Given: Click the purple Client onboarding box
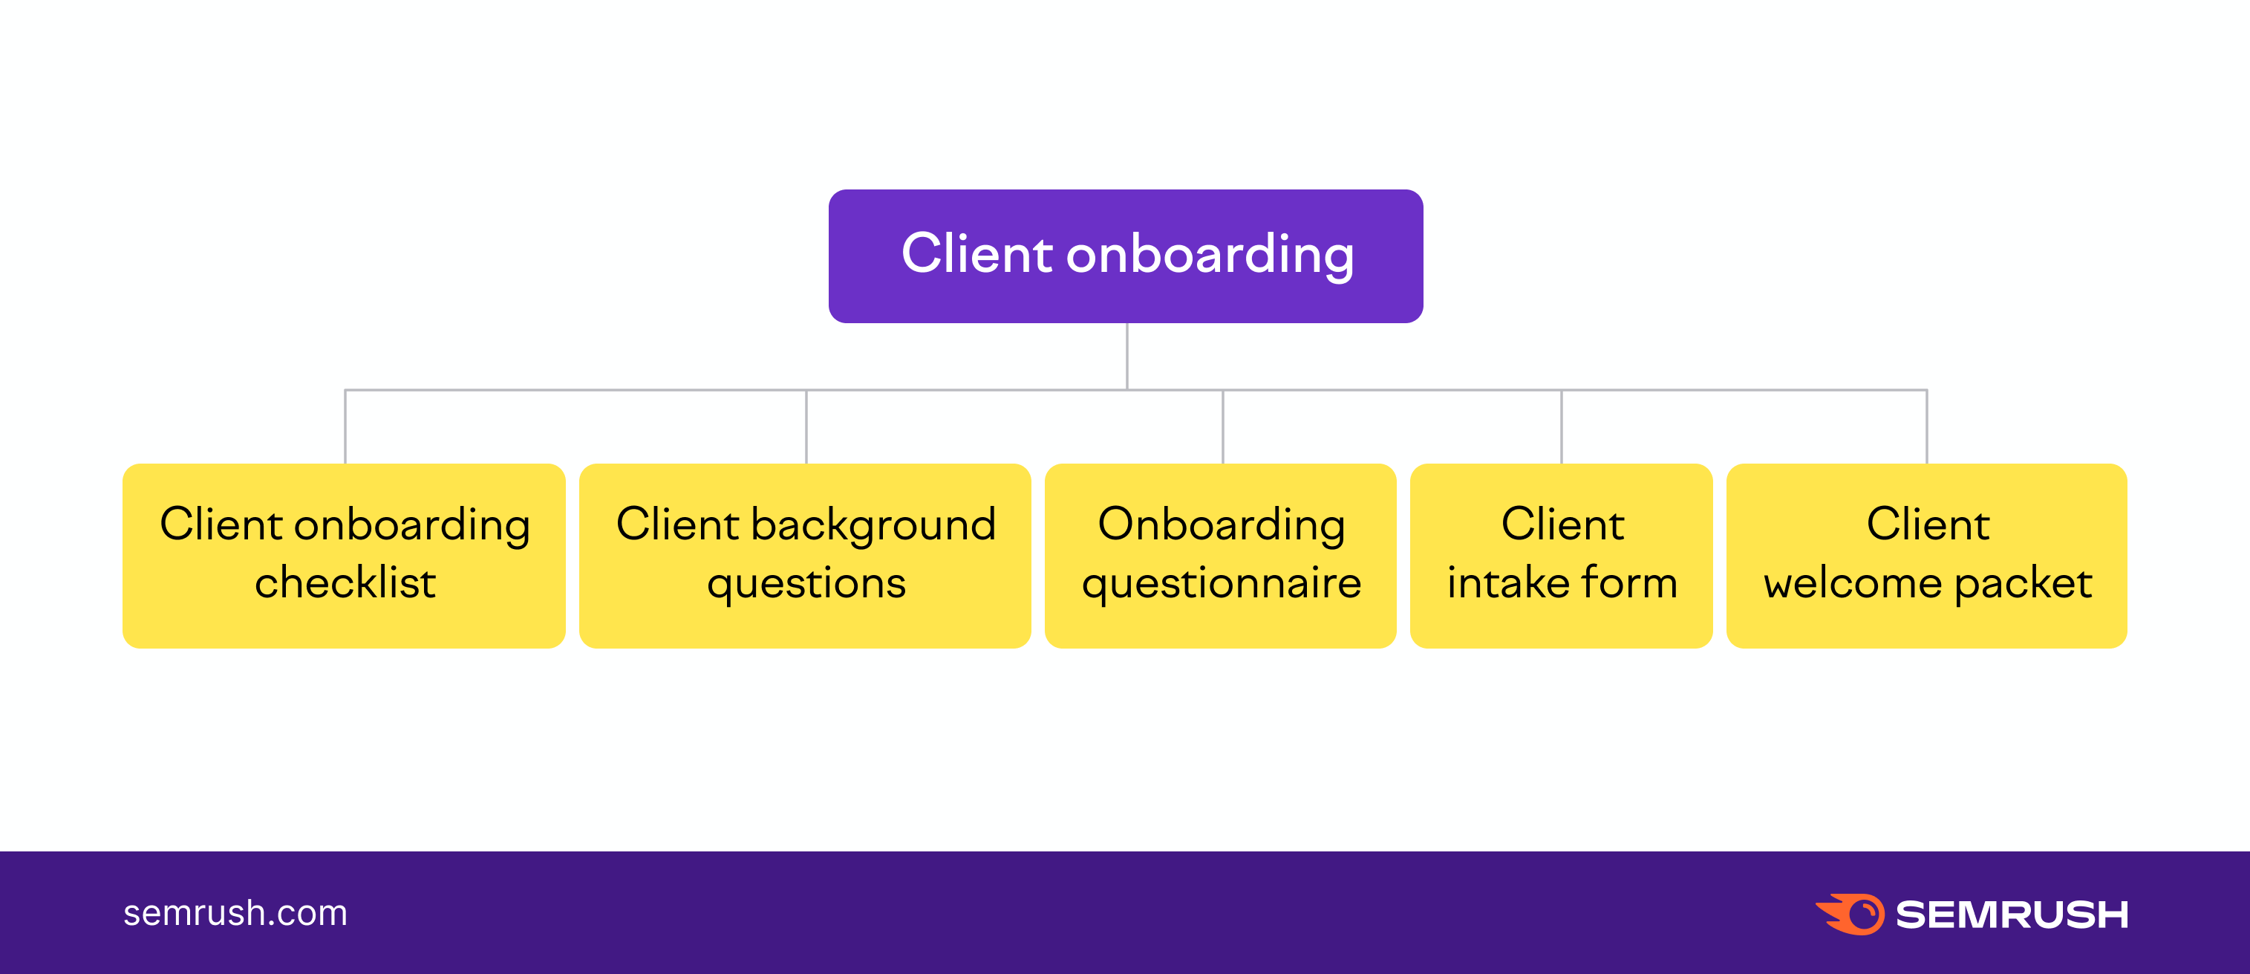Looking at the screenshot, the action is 1125,256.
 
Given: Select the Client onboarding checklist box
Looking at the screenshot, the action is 344,556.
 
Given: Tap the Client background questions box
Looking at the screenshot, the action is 805,556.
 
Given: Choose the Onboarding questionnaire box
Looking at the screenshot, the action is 1220,556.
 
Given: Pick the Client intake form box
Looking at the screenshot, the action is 1561,556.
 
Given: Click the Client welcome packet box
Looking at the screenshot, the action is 1927,556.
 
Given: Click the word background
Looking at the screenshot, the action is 873,526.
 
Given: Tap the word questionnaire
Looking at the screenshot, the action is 1221,583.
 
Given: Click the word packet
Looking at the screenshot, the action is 2023,583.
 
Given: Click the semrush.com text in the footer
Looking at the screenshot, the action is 235,913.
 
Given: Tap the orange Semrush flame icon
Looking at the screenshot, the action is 1850,915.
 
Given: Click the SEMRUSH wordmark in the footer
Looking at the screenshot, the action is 2012,915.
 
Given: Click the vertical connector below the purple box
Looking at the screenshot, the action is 1126,357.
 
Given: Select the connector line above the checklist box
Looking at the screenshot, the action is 346,426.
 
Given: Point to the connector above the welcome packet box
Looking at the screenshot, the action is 1927,426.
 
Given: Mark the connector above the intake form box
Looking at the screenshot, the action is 1562,426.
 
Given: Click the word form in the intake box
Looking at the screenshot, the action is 1630,582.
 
